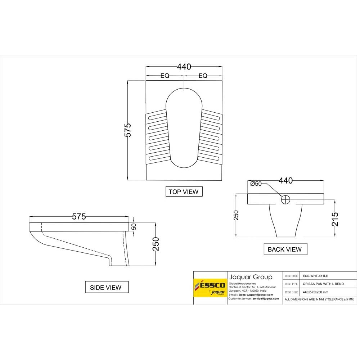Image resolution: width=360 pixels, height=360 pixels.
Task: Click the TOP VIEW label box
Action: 184,192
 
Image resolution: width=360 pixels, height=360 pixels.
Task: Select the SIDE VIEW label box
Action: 105,287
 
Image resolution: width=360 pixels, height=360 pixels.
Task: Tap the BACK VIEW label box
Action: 285,249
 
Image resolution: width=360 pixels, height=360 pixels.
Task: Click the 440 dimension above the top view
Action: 184,67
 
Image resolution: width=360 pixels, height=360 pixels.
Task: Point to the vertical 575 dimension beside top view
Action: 128,130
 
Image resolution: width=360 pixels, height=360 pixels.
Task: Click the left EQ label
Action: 165,76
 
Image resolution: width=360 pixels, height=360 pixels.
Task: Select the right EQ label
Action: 203,76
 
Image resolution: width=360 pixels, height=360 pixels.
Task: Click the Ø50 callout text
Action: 256,184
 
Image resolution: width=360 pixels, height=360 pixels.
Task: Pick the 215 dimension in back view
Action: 335,219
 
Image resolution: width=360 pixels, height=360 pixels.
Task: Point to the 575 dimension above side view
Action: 79,217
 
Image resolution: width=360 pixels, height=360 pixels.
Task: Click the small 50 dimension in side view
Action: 134,227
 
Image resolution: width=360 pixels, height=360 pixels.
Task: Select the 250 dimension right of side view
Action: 156,244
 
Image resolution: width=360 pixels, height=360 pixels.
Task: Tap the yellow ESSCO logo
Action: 210,287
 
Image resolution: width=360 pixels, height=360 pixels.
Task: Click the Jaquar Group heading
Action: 251,277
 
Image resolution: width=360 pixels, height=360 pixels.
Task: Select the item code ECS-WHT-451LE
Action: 315,276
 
